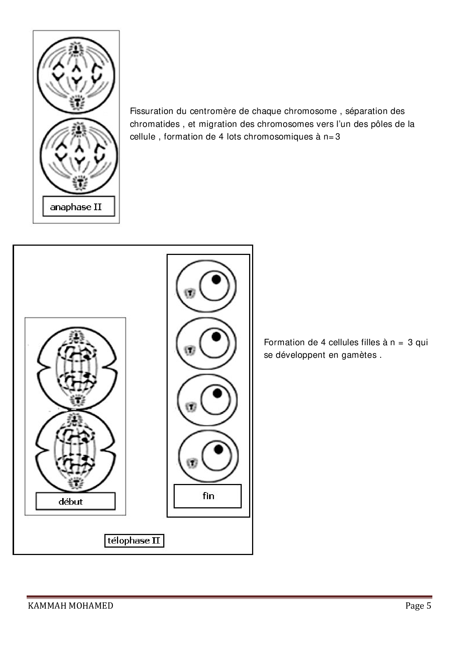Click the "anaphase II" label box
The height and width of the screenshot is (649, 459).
click(x=78, y=206)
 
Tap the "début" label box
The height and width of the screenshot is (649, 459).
click(x=75, y=501)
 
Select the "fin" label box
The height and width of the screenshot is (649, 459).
click(x=208, y=496)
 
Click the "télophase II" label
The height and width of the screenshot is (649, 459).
click(x=134, y=541)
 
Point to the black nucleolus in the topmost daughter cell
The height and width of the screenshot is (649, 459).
click(x=216, y=279)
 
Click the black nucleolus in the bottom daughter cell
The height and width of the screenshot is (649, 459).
click(x=218, y=449)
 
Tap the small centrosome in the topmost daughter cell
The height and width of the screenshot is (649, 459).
click(x=190, y=293)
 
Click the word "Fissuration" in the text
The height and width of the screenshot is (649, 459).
click(x=151, y=111)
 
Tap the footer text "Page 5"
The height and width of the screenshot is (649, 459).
click(x=418, y=606)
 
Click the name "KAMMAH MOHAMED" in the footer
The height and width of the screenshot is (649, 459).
click(x=70, y=606)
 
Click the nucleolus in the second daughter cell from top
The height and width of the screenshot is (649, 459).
click(x=216, y=336)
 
